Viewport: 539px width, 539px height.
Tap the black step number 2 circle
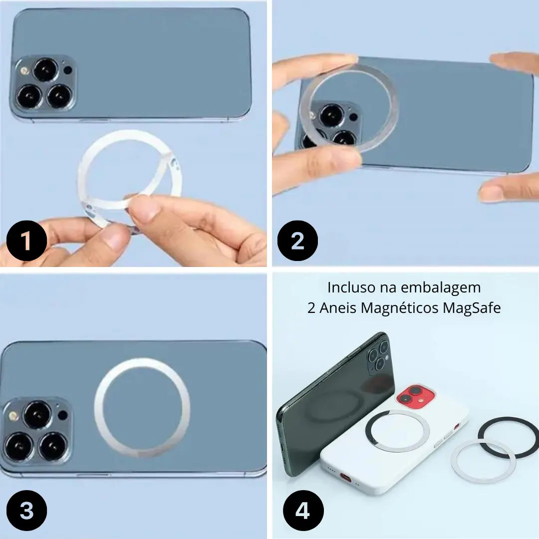(x=297, y=241)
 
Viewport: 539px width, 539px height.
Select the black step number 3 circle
(x=26, y=510)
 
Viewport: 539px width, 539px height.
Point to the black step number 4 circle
(x=303, y=510)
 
